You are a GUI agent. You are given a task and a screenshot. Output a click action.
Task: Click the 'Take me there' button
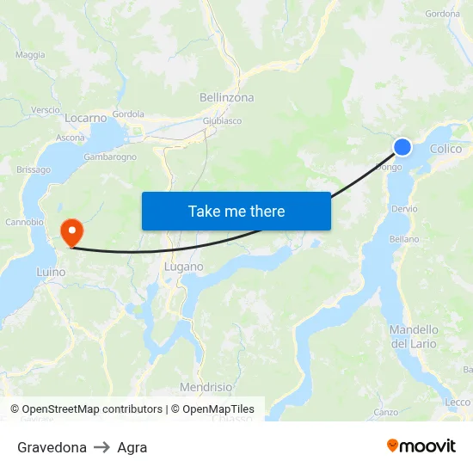236,211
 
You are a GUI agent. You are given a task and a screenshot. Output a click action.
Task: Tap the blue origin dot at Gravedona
402,147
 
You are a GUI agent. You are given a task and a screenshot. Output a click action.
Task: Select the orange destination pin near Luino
71,230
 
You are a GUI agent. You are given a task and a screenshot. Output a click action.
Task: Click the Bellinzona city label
224,98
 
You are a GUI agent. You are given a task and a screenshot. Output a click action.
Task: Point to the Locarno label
85,118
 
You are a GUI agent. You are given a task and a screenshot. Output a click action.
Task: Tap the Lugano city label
183,267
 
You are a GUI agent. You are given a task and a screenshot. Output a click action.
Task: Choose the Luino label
51,273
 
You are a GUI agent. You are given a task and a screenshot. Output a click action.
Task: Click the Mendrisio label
206,387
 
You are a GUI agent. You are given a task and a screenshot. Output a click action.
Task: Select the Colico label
445,149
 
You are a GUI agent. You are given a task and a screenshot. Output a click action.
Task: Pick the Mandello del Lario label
414,336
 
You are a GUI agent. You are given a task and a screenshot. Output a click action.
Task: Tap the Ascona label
71,138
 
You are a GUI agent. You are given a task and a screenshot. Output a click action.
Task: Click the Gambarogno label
110,157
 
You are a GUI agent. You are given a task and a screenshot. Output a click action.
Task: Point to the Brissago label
34,170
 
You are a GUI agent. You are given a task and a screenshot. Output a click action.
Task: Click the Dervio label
403,209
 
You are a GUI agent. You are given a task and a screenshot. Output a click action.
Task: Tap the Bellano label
403,239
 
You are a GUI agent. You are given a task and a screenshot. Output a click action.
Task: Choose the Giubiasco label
222,121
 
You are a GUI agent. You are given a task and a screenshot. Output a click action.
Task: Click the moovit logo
421,445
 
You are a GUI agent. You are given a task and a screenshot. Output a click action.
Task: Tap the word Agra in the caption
132,447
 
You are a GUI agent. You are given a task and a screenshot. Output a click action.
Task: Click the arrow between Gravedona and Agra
101,447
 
